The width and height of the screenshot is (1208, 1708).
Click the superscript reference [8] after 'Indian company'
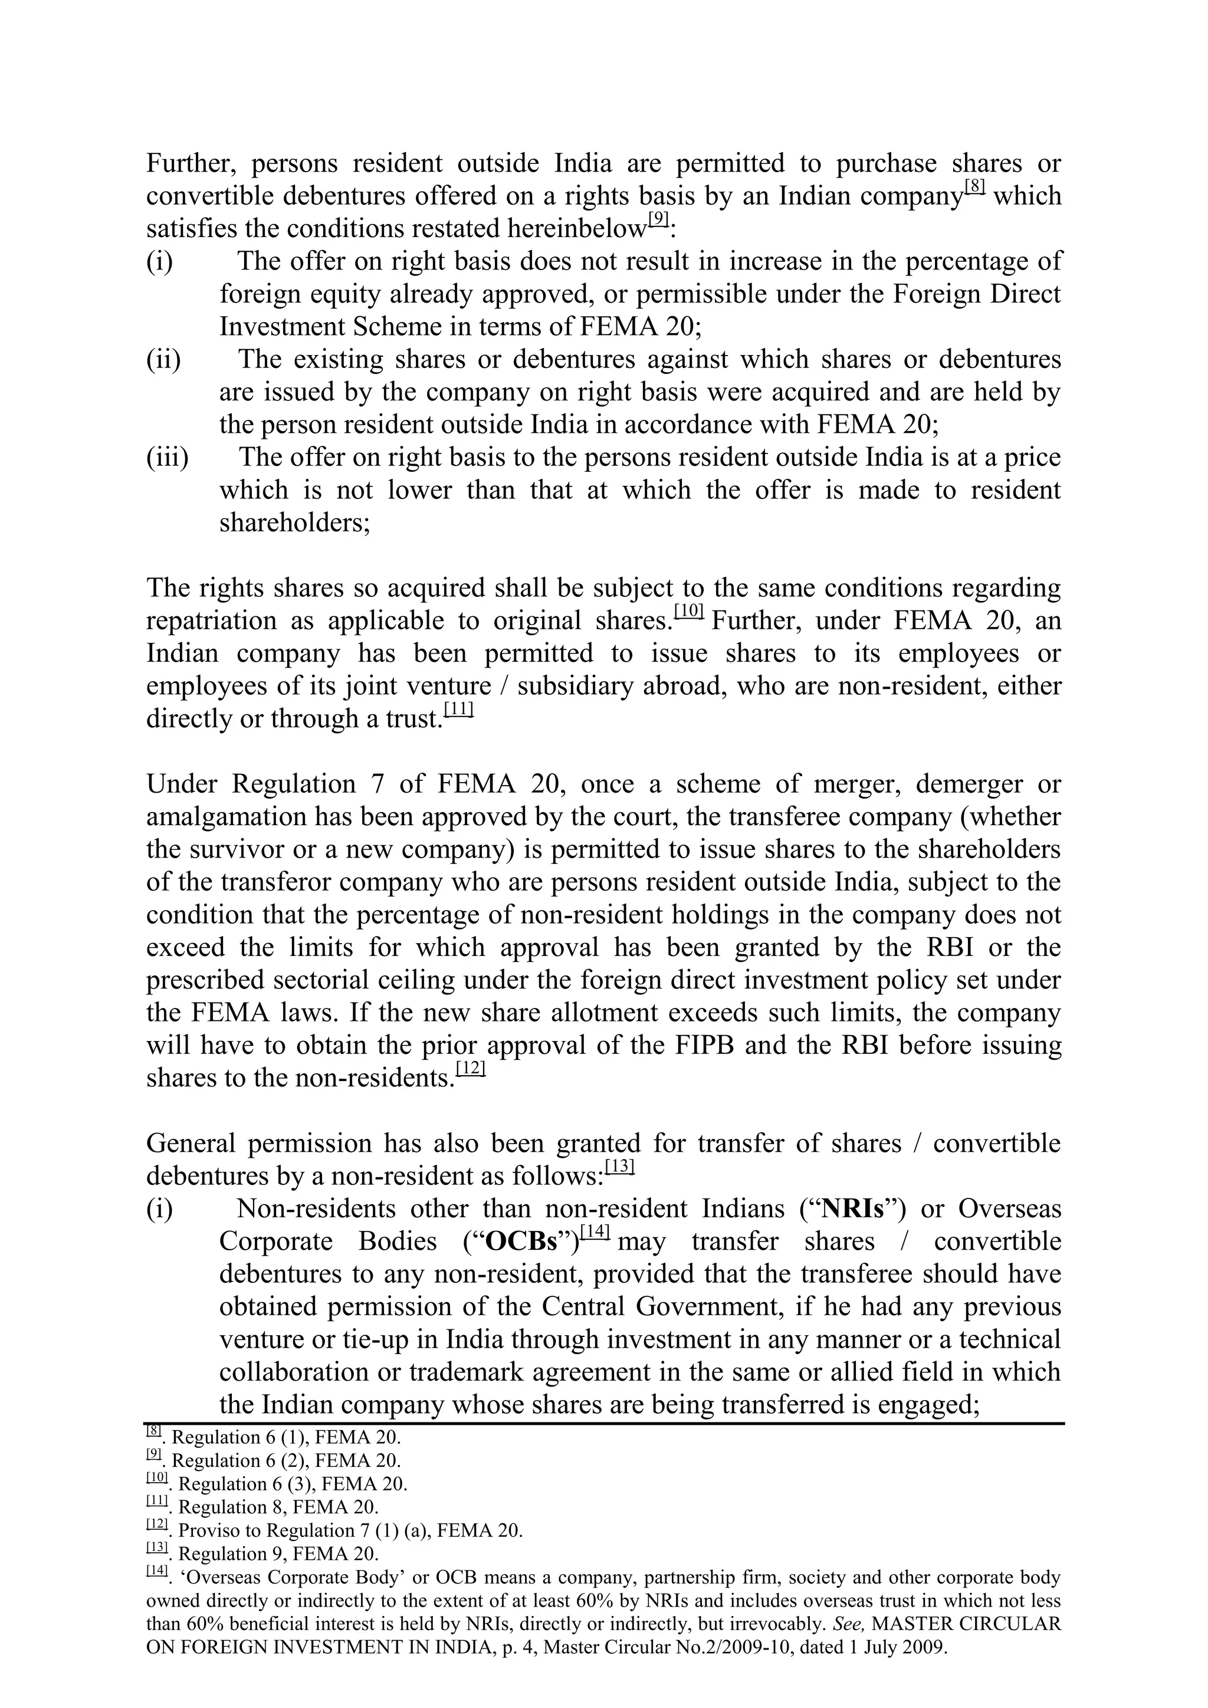[x=974, y=186]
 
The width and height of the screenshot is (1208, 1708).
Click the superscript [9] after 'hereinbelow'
[x=659, y=219]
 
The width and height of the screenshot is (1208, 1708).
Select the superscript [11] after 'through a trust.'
[x=458, y=709]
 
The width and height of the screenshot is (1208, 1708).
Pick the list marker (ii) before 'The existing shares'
[x=163, y=359]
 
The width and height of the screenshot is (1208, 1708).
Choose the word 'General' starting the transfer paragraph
[x=191, y=1144]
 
